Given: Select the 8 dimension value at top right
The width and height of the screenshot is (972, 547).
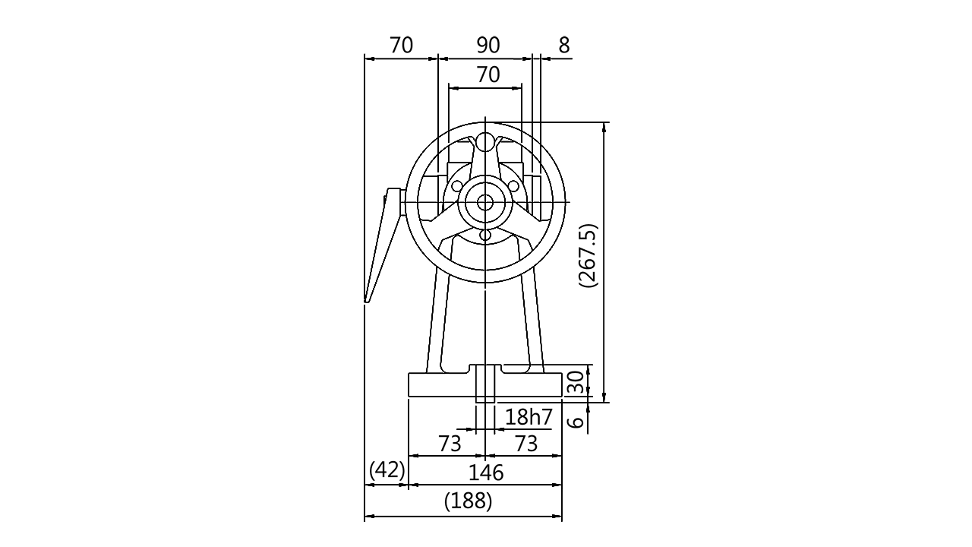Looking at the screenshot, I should pyautogui.click(x=564, y=46).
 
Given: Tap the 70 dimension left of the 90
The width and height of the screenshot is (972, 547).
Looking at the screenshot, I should pyautogui.click(x=401, y=46).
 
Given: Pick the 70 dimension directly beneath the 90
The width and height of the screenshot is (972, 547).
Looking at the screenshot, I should pyautogui.click(x=489, y=75).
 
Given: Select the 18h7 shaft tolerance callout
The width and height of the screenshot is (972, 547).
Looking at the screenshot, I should pyautogui.click(x=529, y=417).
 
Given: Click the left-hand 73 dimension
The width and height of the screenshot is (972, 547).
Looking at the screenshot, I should pyautogui.click(x=449, y=444).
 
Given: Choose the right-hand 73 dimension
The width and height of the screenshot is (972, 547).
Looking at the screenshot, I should pyautogui.click(x=526, y=444).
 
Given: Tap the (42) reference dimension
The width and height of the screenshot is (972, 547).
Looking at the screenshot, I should pyautogui.click(x=387, y=471).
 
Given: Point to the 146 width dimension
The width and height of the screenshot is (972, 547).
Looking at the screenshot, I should pyautogui.click(x=486, y=472).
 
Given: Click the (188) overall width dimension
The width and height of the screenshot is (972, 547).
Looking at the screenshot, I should pyautogui.click(x=468, y=501).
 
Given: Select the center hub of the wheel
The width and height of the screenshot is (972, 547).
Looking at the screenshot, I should pyautogui.click(x=484, y=201).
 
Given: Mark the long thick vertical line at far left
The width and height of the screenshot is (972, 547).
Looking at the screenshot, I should pyautogui.click(x=364, y=289).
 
